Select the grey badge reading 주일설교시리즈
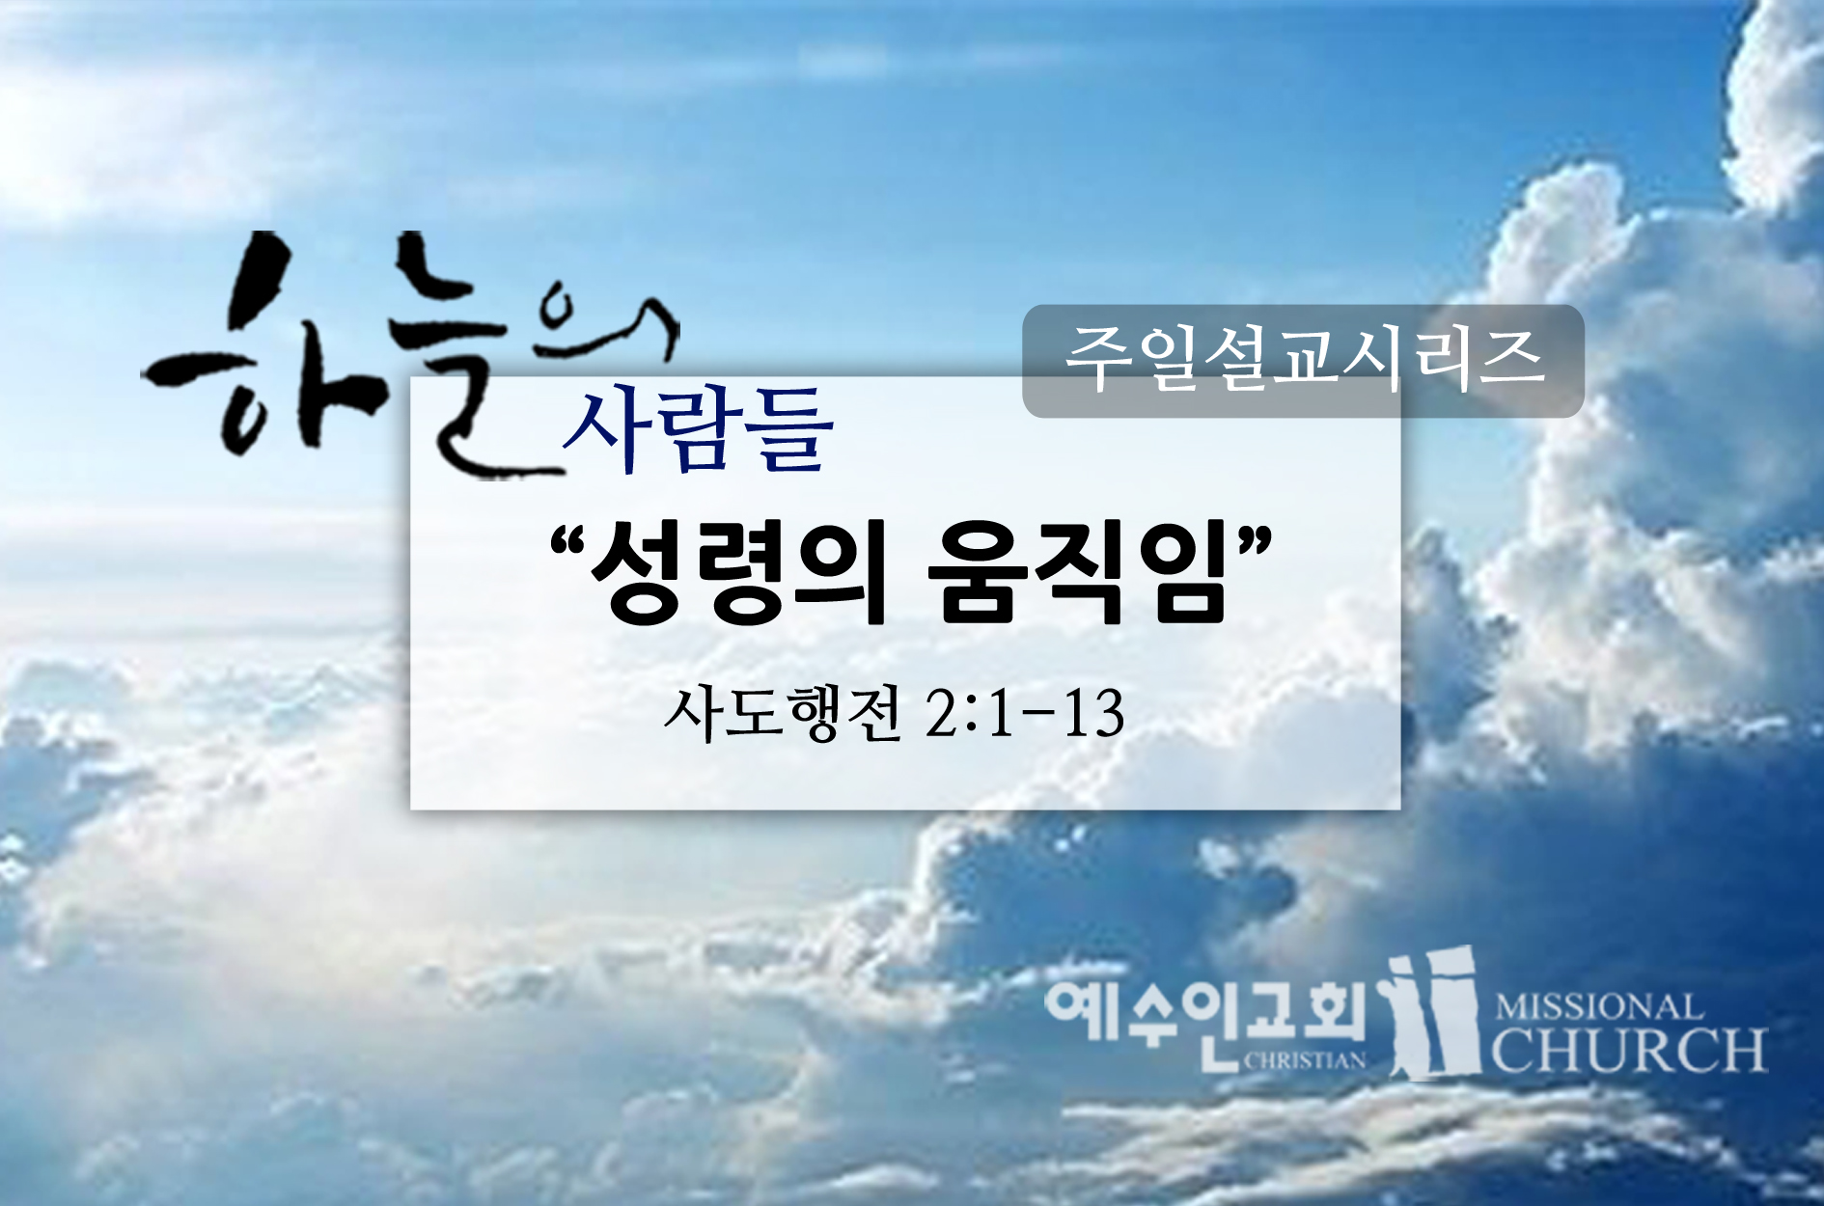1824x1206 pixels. pos(1303,361)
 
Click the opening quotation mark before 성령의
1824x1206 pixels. pos(567,545)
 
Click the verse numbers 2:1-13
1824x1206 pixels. pos(1025,715)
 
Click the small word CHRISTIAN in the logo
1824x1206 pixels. pos(1305,1060)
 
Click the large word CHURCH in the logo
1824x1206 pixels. pos(1630,1050)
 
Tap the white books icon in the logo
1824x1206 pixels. pos(1433,1012)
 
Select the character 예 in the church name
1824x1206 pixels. pos(1079,1013)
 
